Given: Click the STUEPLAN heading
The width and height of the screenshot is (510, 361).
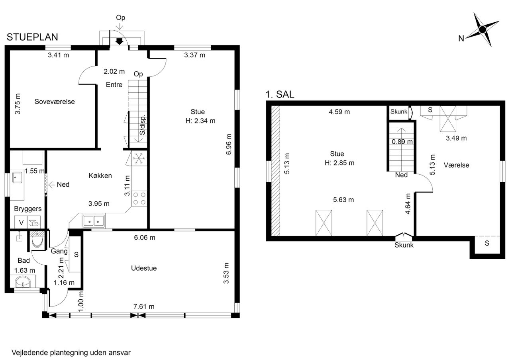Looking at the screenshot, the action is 32,37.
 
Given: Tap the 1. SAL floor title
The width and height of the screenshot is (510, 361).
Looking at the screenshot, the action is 280,94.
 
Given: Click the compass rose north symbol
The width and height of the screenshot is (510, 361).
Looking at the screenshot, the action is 482,30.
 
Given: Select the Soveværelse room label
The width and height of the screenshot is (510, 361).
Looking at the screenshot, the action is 55,101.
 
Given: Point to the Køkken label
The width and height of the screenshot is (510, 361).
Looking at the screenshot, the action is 100,176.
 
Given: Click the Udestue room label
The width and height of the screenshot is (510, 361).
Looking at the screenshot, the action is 144,268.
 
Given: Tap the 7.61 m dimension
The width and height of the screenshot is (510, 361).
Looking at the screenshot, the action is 144,306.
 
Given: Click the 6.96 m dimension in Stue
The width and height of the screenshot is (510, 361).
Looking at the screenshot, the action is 229,144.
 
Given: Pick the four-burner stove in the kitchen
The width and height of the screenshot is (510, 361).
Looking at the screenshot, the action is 139,199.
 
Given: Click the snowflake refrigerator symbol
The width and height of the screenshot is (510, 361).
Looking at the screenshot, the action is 138,158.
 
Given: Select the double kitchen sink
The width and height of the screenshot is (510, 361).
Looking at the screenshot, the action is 94,221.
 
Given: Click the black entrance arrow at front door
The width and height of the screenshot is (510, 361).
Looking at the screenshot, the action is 119,42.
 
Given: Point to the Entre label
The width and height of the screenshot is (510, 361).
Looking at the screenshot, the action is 114,85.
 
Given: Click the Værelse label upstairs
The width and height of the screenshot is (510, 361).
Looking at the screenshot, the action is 456,165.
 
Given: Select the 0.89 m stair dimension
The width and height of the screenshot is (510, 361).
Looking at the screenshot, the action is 402,142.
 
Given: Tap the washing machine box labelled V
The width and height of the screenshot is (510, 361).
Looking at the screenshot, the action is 21,222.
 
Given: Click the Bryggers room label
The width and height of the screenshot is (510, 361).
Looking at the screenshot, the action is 28,209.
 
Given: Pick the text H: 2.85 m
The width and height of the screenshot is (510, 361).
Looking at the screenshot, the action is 339,163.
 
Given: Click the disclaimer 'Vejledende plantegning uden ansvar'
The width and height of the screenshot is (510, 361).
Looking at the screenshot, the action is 71,353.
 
